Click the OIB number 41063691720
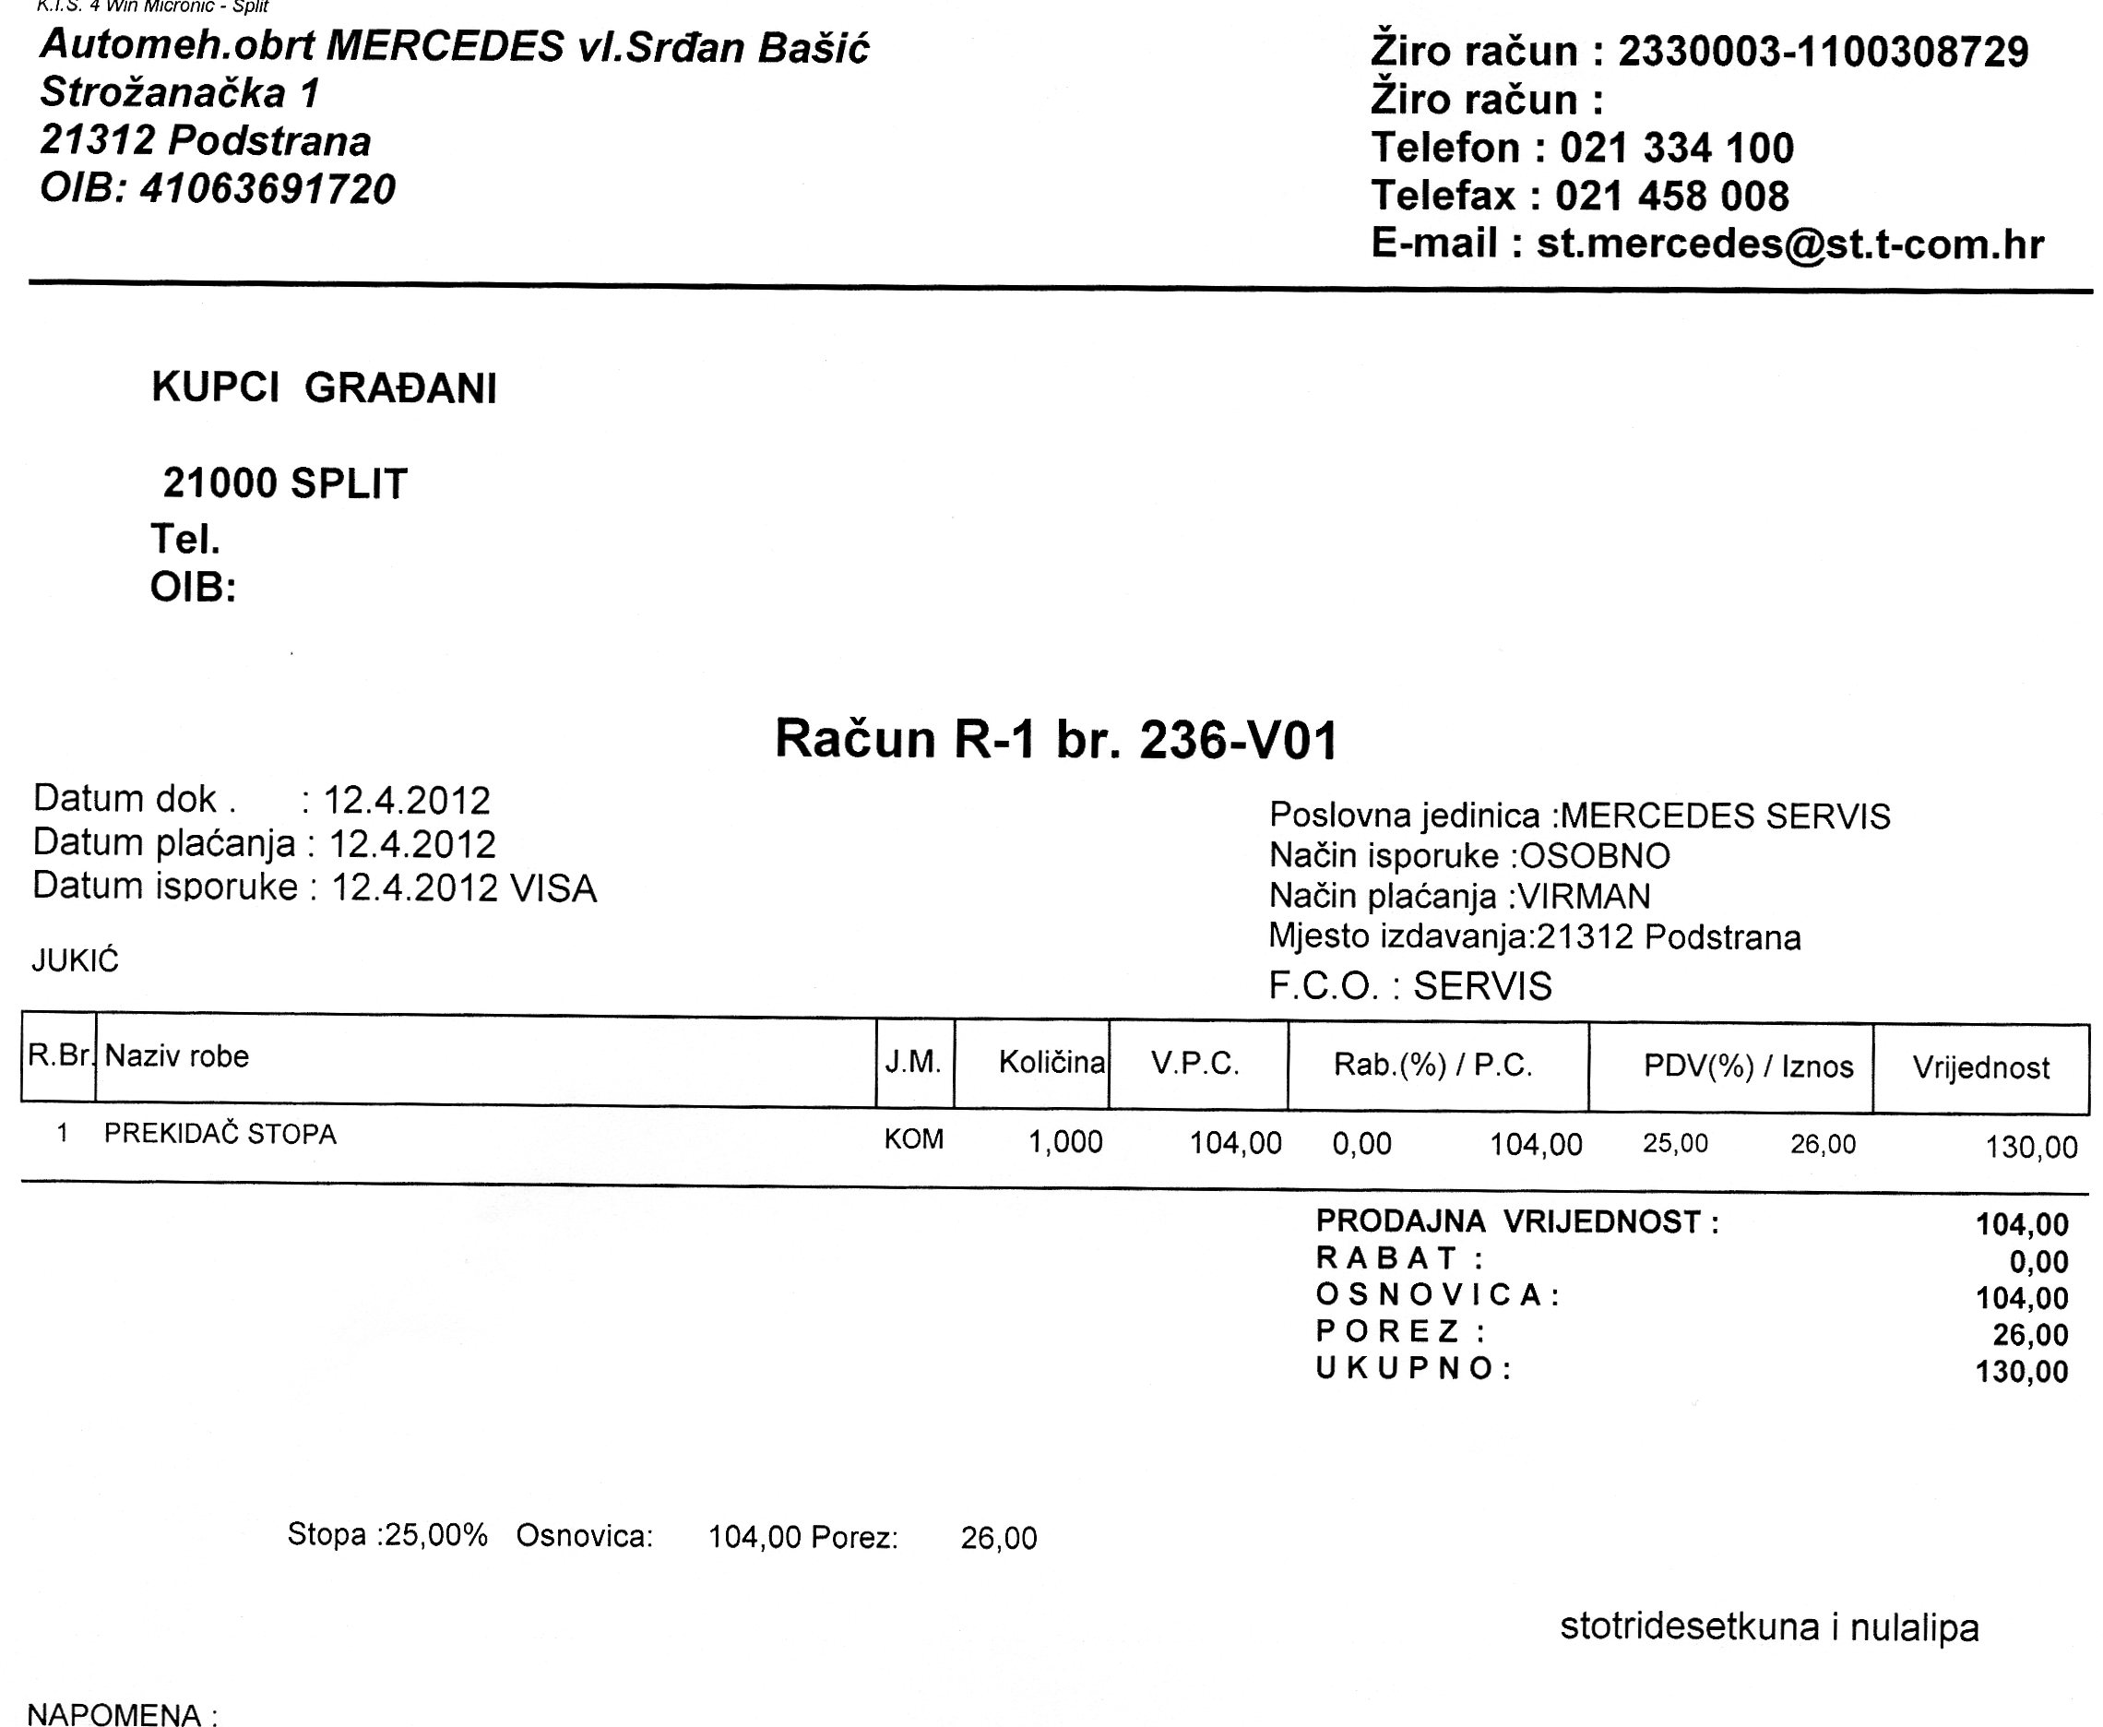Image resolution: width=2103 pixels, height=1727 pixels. (x=267, y=189)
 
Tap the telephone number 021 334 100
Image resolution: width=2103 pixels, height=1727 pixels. (x=1676, y=149)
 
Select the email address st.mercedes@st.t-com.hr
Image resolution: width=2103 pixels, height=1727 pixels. (x=1789, y=244)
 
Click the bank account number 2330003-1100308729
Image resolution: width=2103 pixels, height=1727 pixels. (x=1823, y=52)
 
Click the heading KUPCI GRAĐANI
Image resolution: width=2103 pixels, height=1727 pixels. (x=324, y=388)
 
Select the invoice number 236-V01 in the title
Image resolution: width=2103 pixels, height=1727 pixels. (x=1238, y=740)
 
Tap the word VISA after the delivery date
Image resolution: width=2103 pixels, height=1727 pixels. (x=553, y=888)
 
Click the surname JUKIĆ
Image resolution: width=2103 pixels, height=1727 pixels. (x=75, y=961)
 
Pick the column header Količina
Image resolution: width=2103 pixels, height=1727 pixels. (x=1051, y=1063)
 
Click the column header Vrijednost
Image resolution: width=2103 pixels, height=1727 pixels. (x=1979, y=1068)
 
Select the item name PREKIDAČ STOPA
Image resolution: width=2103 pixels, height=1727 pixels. (x=220, y=1134)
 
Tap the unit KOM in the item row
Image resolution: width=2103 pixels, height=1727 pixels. (x=913, y=1139)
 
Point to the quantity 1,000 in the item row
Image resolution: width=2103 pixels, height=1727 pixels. (x=1064, y=1142)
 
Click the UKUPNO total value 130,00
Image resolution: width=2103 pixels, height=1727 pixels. (x=2022, y=1372)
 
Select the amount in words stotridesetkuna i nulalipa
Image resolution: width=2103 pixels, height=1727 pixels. (x=1769, y=1627)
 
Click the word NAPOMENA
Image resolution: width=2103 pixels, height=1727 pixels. (x=113, y=1714)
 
